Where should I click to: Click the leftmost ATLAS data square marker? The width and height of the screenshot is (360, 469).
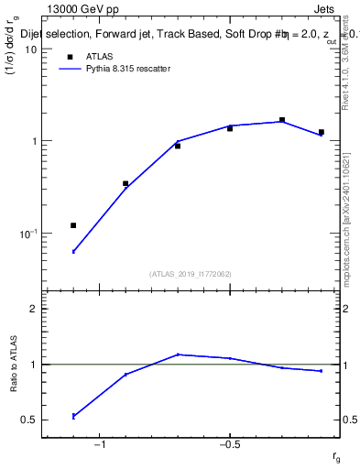coord(73,225)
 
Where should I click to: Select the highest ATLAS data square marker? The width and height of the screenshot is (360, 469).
coord(282,120)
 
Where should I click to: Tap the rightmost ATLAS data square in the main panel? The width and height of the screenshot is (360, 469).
coord(322,132)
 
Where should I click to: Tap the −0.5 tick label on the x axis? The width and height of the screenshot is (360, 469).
coord(229,446)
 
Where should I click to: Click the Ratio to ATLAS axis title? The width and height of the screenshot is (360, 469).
coord(14,365)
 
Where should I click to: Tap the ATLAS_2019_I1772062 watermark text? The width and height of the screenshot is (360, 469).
coord(191,274)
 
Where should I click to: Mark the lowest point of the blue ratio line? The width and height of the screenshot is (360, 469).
coord(73,416)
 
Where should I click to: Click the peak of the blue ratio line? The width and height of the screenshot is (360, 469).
coord(178,354)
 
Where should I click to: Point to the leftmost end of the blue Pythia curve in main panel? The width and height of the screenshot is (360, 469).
coord(73,251)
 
